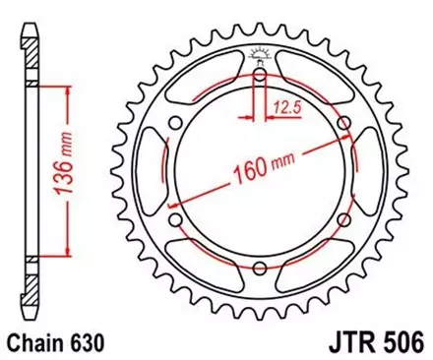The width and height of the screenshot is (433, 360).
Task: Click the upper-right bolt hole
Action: click(343, 123)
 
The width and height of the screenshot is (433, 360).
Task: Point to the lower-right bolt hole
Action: click(343, 220)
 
